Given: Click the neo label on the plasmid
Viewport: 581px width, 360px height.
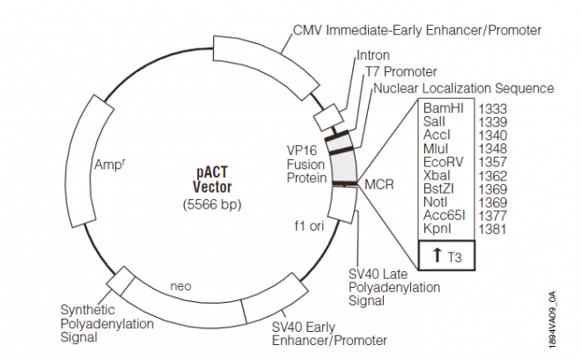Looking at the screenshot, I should point(181,286).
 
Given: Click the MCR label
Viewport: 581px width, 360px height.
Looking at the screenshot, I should point(379,186).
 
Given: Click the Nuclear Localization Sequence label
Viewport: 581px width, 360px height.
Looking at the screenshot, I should point(464,88).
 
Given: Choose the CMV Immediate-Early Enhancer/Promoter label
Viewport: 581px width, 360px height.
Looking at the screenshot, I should point(416,30).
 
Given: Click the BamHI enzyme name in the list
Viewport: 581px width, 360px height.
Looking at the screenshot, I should point(444,108).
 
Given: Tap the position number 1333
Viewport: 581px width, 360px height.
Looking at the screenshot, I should point(491,108).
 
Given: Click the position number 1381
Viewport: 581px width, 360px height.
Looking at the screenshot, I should point(491,229).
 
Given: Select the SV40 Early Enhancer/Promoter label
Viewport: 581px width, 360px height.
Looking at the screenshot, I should point(329,331).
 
